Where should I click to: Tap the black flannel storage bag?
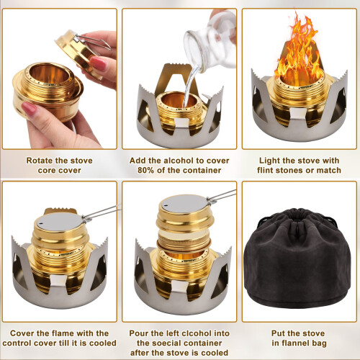click(299, 266)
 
